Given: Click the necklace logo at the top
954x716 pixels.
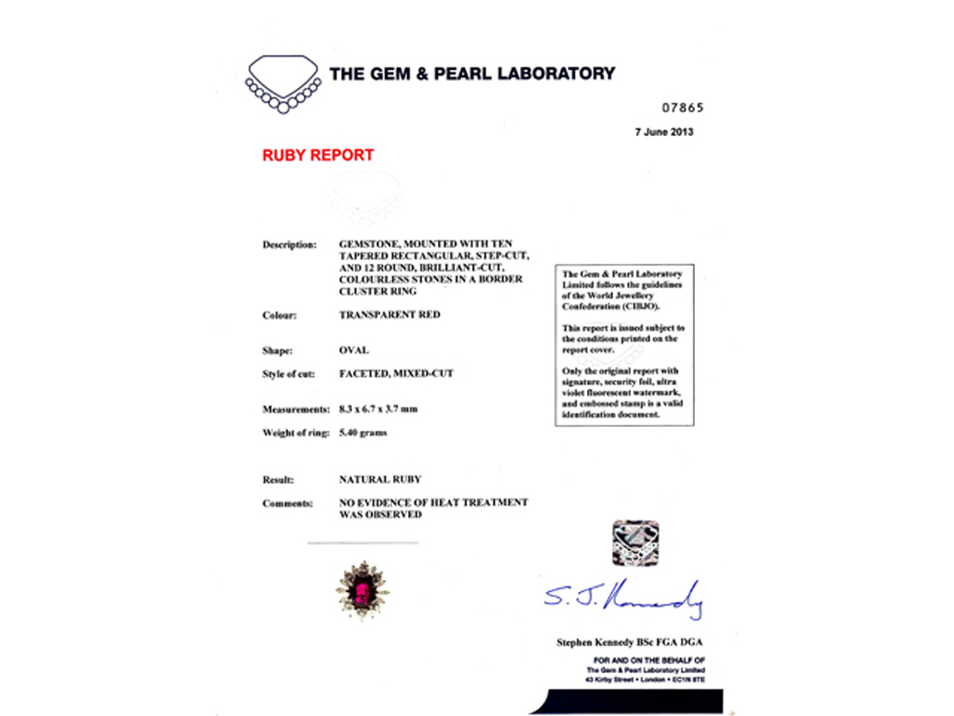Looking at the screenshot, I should pos(283,82).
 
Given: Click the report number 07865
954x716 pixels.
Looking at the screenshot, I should pos(683,107).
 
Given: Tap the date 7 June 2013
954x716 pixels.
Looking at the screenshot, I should pos(664,132).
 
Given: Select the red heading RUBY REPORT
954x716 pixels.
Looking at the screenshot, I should pos(318,156).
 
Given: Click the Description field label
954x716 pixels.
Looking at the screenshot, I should pos(289,244).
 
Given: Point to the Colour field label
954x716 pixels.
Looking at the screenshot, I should pos(279,316).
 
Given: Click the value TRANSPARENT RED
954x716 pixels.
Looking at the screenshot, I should pos(389,315).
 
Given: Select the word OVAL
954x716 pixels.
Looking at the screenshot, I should pos(354,351).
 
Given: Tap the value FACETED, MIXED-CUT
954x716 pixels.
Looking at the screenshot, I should pos(396,374).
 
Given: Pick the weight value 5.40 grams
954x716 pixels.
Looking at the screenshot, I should pos(363,433).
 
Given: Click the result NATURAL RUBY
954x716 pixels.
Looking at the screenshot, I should pos(380,479).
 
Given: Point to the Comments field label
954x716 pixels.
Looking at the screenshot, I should pos(287,503).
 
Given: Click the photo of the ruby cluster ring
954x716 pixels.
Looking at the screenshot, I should pos(362,589).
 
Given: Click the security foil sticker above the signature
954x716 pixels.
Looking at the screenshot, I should pos(636,543).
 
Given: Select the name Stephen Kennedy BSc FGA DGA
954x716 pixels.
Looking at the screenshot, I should pos(631,642).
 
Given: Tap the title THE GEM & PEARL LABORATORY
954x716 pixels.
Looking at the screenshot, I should pos(472,73).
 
